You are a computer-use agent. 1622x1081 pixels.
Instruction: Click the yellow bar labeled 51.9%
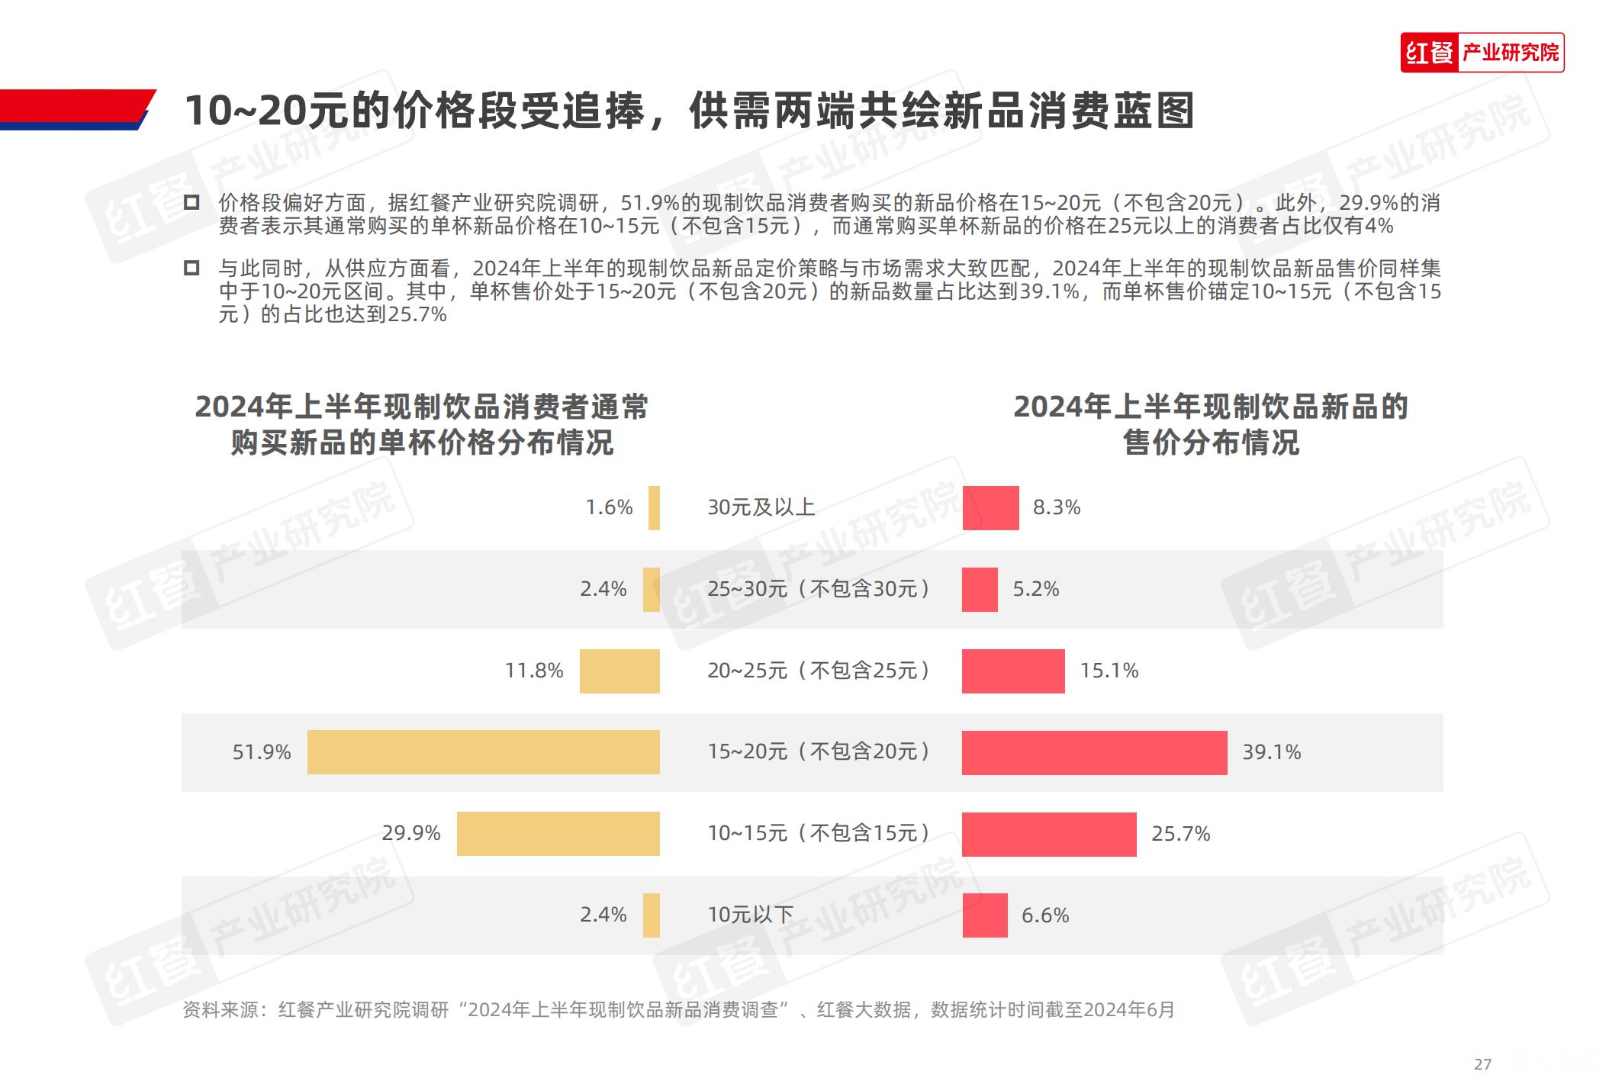(483, 752)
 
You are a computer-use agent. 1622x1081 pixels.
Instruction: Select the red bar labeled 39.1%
(1094, 752)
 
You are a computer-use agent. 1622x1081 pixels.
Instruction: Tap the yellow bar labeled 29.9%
(558, 834)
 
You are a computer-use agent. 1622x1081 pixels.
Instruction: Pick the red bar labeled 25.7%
(1049, 834)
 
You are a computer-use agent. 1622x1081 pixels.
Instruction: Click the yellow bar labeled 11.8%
(620, 671)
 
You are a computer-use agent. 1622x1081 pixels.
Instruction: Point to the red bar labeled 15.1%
(1013, 671)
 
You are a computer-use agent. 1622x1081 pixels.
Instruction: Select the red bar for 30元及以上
(990, 507)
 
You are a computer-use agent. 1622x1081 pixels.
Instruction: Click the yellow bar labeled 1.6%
(654, 507)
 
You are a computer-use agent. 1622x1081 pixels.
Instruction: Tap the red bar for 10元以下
(985, 915)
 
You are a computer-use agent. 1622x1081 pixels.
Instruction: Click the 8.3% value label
(1057, 507)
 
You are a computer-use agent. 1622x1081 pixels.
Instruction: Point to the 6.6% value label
(1045, 915)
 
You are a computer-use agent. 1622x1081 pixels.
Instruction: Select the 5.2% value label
(1036, 589)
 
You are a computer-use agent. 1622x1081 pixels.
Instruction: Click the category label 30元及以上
(761, 507)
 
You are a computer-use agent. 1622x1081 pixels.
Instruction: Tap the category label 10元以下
(750, 915)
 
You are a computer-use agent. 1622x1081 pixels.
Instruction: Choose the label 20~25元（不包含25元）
(819, 671)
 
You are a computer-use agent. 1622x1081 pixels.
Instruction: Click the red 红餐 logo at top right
(1429, 53)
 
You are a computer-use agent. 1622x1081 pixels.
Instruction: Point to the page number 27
(1482, 1064)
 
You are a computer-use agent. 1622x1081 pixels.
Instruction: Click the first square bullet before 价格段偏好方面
(191, 202)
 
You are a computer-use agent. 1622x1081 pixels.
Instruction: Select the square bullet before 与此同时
(191, 268)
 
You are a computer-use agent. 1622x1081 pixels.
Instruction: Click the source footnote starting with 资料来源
(678, 1010)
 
